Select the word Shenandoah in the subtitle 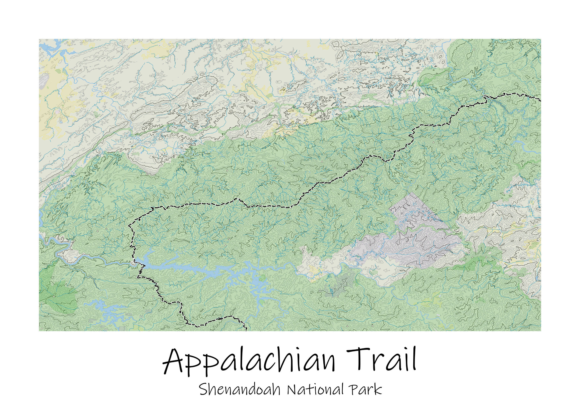(x=240, y=389)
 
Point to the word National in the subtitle (x=315, y=389)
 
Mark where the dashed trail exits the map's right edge (x=540, y=101)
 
